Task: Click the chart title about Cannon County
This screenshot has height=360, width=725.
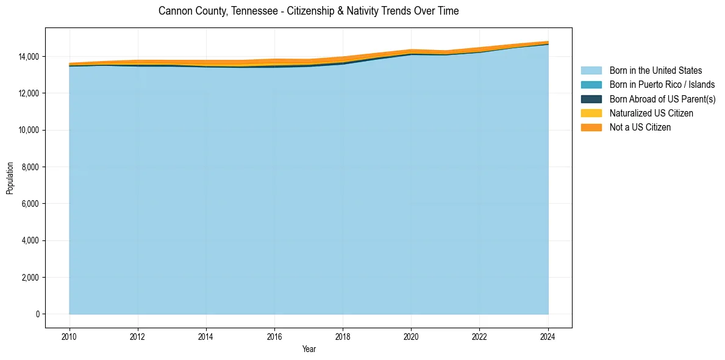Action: (309, 11)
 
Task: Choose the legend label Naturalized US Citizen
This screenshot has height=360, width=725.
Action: (651, 113)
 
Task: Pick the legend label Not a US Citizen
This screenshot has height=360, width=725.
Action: (640, 127)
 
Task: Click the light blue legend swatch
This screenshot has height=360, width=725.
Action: (591, 71)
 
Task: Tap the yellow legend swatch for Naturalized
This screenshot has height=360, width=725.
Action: (591, 113)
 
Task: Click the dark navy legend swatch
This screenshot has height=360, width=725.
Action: (591, 99)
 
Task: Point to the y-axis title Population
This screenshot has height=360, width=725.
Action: (10, 178)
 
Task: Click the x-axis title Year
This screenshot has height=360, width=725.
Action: (309, 349)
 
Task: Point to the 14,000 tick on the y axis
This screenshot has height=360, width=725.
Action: (27, 57)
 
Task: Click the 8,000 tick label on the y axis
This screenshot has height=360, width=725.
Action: (29, 167)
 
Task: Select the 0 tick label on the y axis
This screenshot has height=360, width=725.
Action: (37, 314)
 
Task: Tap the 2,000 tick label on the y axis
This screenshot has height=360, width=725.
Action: (29, 278)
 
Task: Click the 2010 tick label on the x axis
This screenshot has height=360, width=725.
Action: (70, 336)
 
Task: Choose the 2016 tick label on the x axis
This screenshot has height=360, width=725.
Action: (274, 336)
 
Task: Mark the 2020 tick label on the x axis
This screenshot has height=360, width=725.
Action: (412, 336)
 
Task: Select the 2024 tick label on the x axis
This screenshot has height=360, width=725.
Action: (548, 336)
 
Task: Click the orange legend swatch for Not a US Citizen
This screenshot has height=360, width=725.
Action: (591, 127)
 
